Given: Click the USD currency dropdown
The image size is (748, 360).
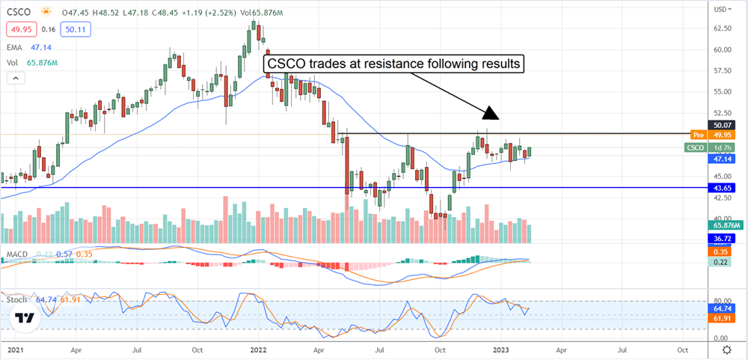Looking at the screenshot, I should pos(722,9).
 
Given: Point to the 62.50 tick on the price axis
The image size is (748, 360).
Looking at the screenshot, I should pos(722,28).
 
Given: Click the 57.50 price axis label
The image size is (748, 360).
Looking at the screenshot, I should pos(722,71).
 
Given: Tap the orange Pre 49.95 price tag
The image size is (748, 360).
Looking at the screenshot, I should pos(717,135).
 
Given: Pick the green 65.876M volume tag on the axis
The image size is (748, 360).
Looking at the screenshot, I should pos(726,225).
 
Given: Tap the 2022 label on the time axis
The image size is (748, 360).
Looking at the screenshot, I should pos(258,350).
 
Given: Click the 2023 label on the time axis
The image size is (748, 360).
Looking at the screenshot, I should pos(502,350).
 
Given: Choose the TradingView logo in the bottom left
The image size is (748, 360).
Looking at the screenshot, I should pos(24,319).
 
